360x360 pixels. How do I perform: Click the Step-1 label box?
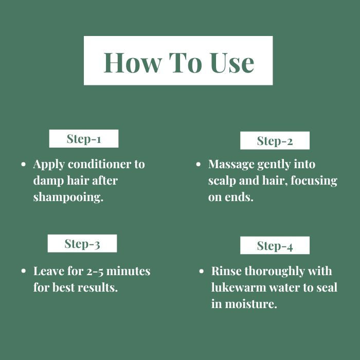point(84,138)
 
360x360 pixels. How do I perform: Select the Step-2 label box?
point(275,140)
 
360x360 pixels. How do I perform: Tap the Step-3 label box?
point(82,243)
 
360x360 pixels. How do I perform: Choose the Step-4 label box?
point(275,245)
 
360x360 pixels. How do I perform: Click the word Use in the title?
point(232,62)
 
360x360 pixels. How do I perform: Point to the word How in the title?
point(133,62)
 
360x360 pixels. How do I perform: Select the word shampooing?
point(68,197)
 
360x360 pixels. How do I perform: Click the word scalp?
point(222,181)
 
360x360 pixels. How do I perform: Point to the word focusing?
point(314,181)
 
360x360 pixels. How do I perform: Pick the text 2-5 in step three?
point(95,272)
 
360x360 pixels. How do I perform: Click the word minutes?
point(129,271)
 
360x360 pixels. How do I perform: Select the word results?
point(98,287)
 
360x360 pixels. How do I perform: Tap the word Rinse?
point(226,271)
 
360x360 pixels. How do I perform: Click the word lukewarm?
point(239,287)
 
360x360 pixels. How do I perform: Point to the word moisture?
point(251,304)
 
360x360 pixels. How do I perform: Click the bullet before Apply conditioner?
point(23,165)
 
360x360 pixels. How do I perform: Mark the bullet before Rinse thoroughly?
point(202,271)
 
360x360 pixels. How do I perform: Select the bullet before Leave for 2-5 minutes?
point(23,271)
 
